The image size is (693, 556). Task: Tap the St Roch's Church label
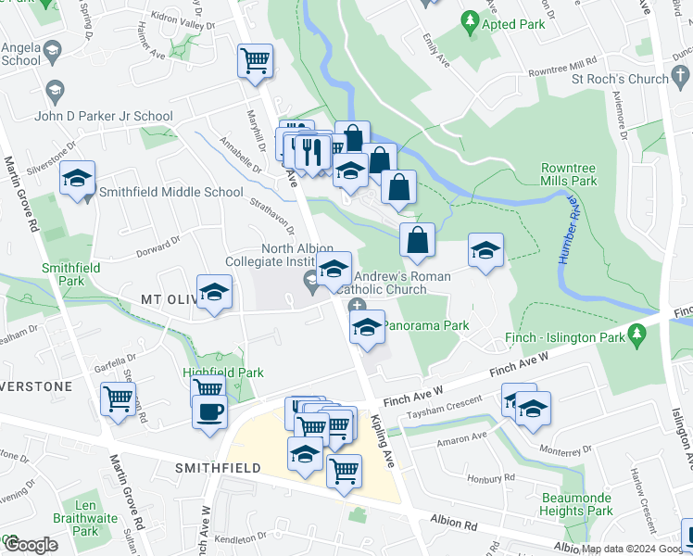tap(620, 79)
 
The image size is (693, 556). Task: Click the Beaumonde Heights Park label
tap(577, 504)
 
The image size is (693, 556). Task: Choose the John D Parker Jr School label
tap(103, 116)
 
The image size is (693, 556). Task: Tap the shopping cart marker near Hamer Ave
tap(255, 61)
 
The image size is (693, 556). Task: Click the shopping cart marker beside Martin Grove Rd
tap(119, 399)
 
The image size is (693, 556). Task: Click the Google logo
tap(30, 545)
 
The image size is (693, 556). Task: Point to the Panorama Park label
tap(426, 325)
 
